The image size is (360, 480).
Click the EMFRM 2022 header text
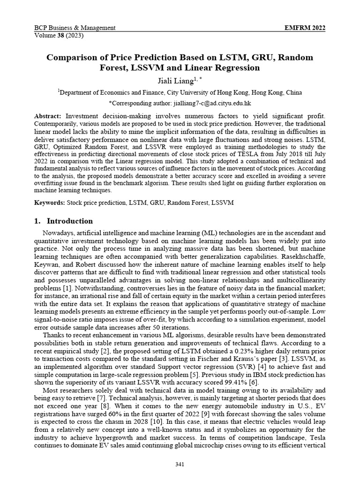click(305, 28)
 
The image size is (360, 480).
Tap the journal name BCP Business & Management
click(75, 28)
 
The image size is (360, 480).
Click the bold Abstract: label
click(48, 115)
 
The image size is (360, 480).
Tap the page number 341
click(180, 465)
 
